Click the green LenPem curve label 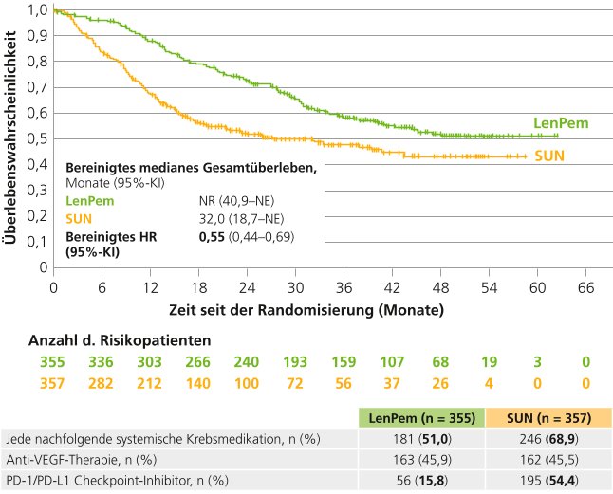560,123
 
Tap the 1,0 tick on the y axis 37,10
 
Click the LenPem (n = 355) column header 423,418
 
